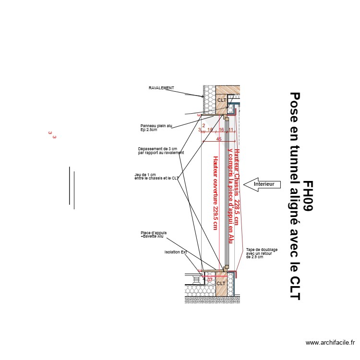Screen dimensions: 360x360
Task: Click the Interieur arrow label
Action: click(264, 184)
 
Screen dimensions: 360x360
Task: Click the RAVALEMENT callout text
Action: click(161, 88)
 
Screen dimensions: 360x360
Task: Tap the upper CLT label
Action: click(221, 100)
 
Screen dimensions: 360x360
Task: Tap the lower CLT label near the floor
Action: click(221, 283)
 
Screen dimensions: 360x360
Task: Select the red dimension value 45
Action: click(219, 139)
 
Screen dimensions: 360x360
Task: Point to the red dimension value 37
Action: click(210, 279)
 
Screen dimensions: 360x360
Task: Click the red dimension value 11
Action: click(231, 130)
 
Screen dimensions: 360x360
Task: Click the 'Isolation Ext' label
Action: click(176, 252)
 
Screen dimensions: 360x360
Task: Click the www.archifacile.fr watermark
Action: click(330, 343)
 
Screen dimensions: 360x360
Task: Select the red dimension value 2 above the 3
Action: click(204, 125)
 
